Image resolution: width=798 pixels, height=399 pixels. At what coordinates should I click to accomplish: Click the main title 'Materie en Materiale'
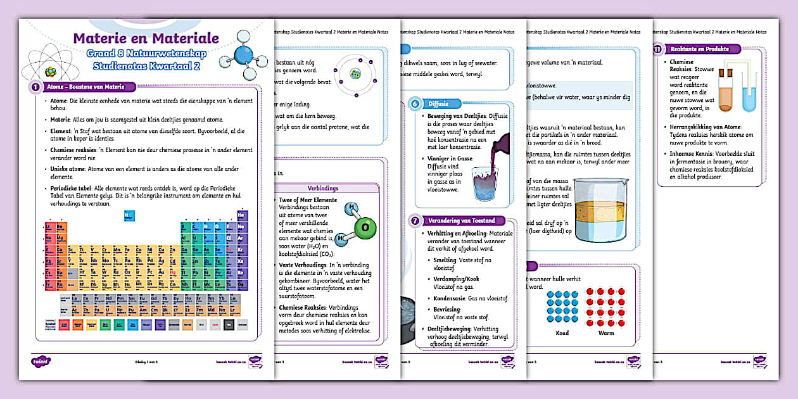146,39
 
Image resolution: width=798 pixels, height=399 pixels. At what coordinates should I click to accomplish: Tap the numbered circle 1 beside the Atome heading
35,87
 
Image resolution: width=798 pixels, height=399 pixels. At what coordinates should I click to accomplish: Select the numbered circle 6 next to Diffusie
415,104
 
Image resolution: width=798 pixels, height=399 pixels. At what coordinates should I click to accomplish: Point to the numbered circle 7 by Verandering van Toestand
415,221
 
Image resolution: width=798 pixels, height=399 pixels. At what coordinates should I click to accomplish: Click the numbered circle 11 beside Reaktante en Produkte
658,49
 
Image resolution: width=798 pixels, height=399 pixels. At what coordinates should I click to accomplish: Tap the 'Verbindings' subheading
323,188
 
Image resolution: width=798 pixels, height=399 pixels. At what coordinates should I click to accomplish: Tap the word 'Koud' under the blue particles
562,332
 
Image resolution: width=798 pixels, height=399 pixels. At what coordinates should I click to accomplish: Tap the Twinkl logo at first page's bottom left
41,360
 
